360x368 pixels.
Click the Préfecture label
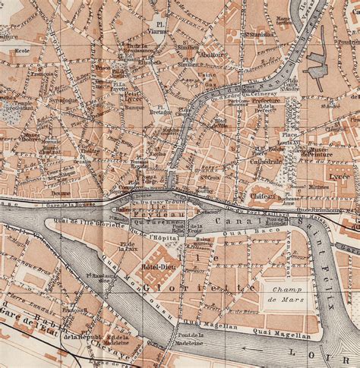click(267, 100)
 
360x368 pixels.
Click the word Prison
click(103, 66)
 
